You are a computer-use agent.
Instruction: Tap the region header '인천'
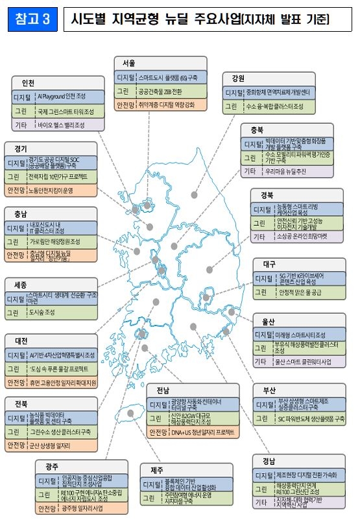28,83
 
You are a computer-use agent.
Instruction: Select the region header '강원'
237,78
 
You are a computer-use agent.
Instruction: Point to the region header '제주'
158,469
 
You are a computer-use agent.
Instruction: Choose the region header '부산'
269,391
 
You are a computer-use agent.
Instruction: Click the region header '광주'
52,466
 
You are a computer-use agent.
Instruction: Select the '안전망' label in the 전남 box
159,432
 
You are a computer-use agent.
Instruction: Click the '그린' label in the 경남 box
263,488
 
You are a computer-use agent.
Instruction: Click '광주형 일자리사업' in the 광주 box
79,509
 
